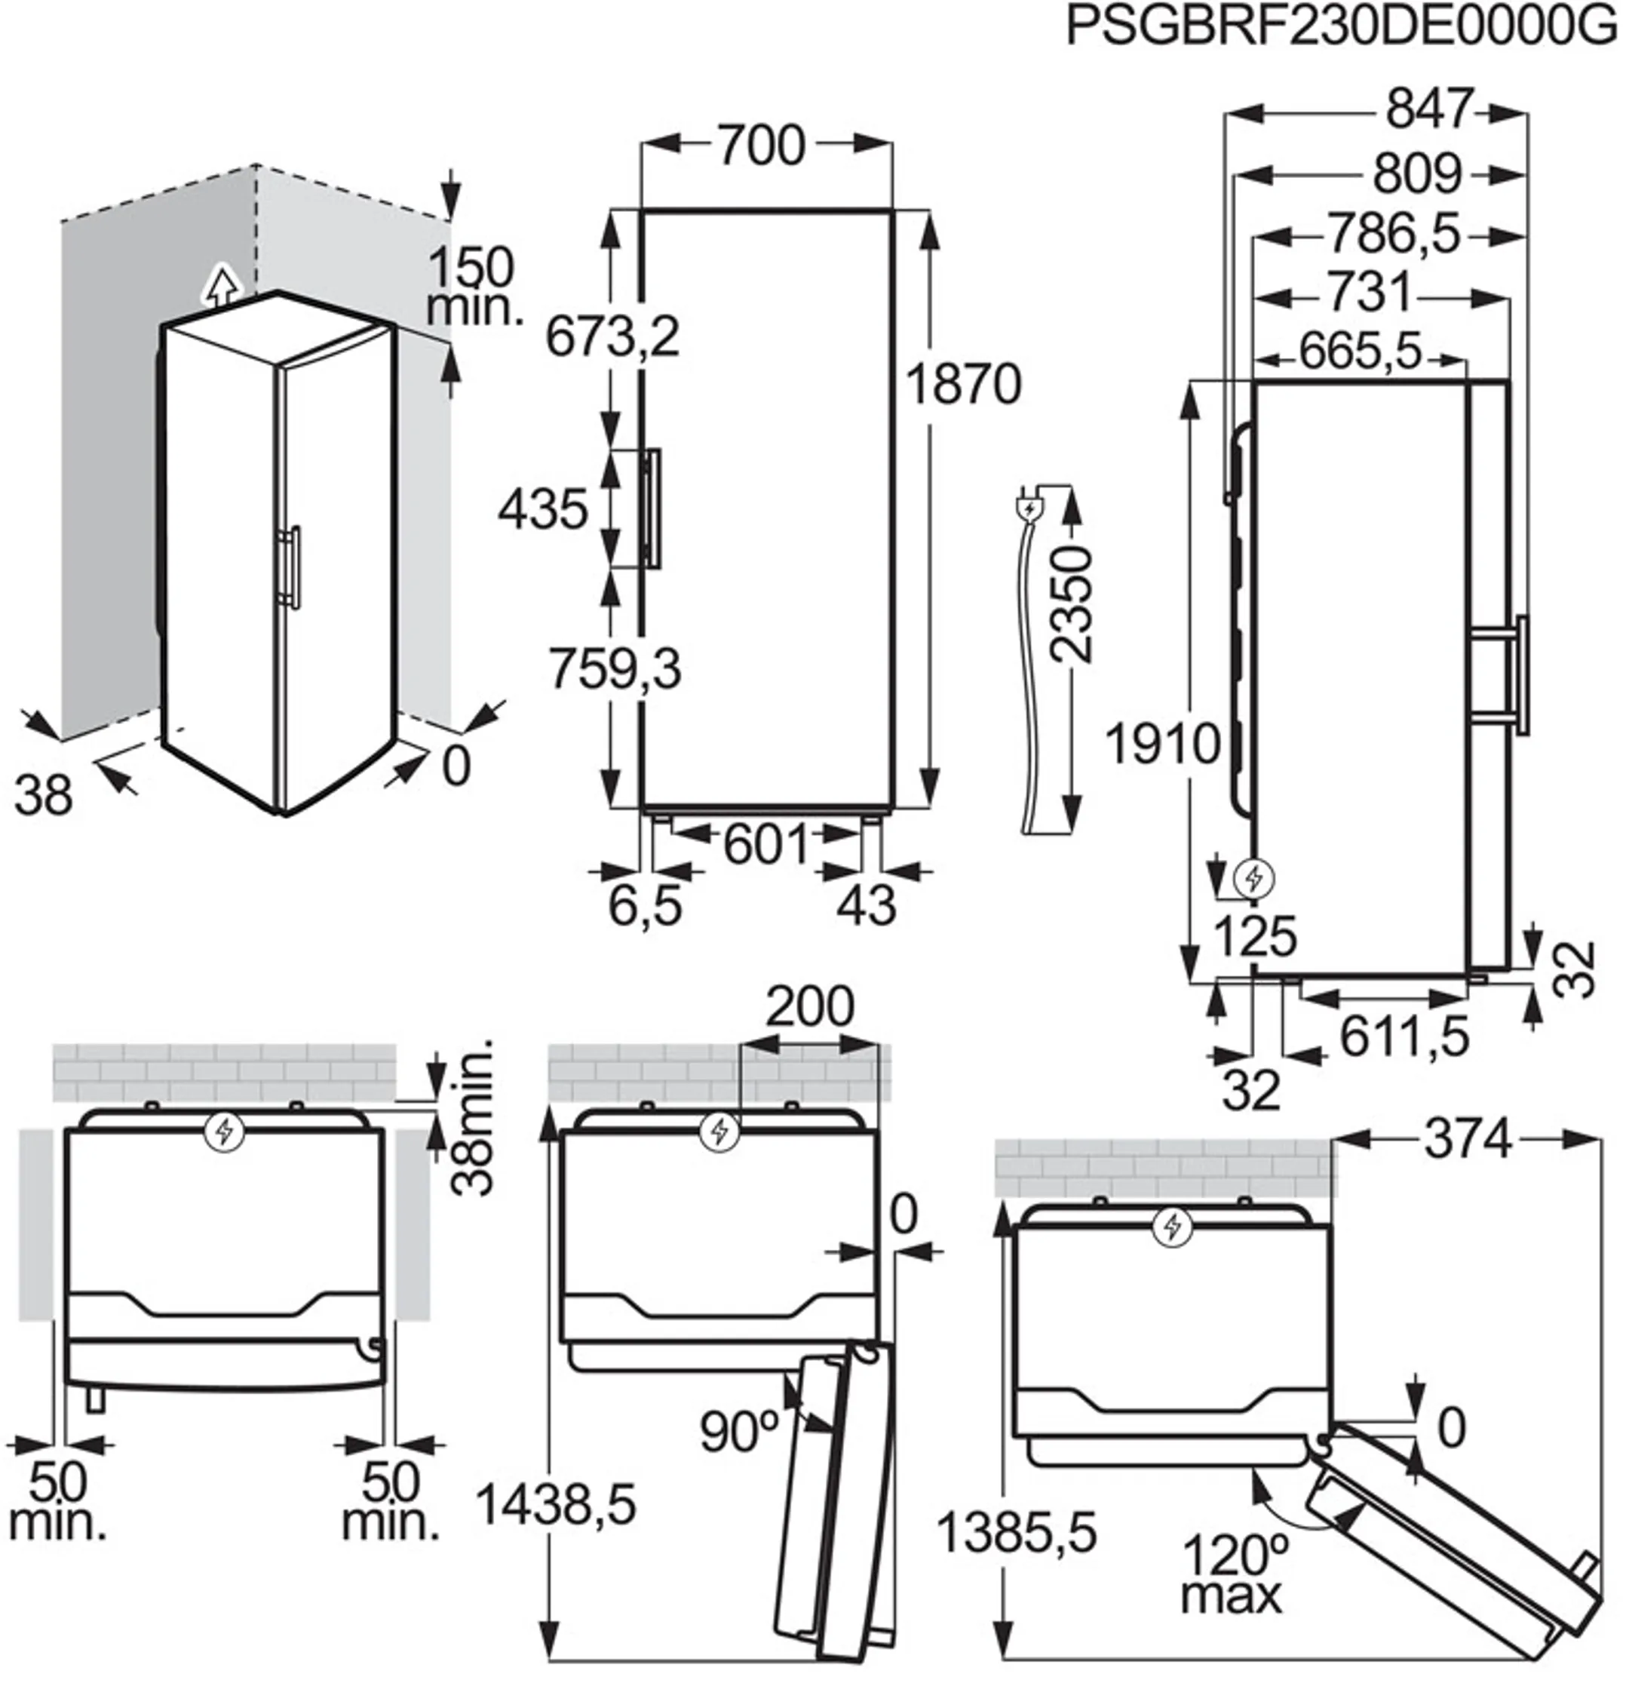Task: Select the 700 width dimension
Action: (761, 146)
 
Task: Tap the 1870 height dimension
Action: (963, 385)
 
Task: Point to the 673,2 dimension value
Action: (612, 337)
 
